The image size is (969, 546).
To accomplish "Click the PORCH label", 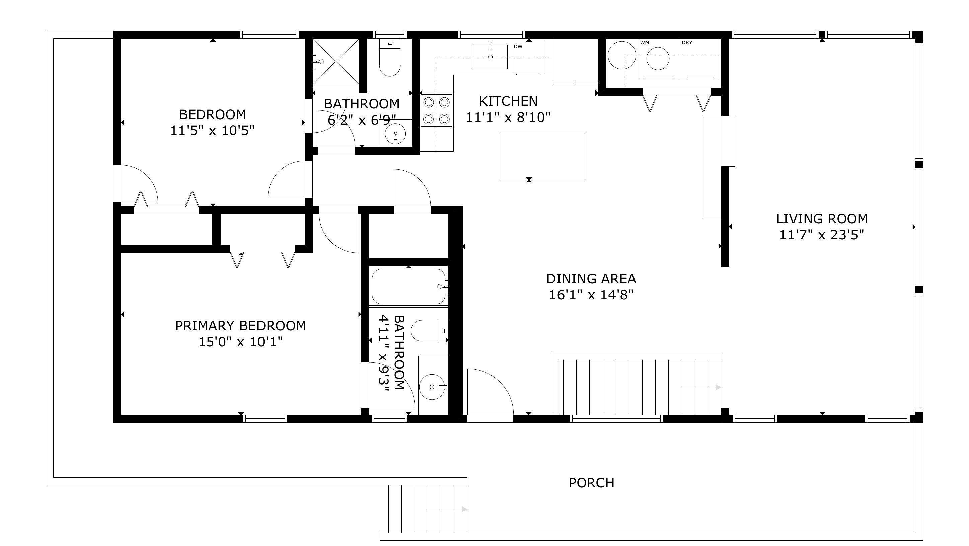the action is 591,483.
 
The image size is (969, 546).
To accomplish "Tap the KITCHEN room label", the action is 508,101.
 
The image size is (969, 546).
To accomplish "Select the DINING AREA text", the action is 591,279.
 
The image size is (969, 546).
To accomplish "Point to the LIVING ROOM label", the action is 822,219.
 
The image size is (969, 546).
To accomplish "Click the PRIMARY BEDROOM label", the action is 241,326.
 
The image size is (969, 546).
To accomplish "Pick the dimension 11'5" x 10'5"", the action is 213,131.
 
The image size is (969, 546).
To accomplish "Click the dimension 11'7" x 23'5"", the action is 822,235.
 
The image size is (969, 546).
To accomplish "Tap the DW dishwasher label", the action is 518,47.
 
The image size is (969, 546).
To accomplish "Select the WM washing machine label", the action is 645,43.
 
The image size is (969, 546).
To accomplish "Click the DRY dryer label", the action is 687,43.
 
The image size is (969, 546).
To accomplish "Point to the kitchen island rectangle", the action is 542,156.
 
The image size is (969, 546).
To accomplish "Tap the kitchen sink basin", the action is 490,56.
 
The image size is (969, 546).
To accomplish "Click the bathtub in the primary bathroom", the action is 409,286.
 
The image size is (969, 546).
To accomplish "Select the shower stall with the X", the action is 336,62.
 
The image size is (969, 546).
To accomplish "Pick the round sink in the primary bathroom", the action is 432,387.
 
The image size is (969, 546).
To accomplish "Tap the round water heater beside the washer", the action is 622,55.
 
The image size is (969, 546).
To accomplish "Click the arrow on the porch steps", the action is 447,509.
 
